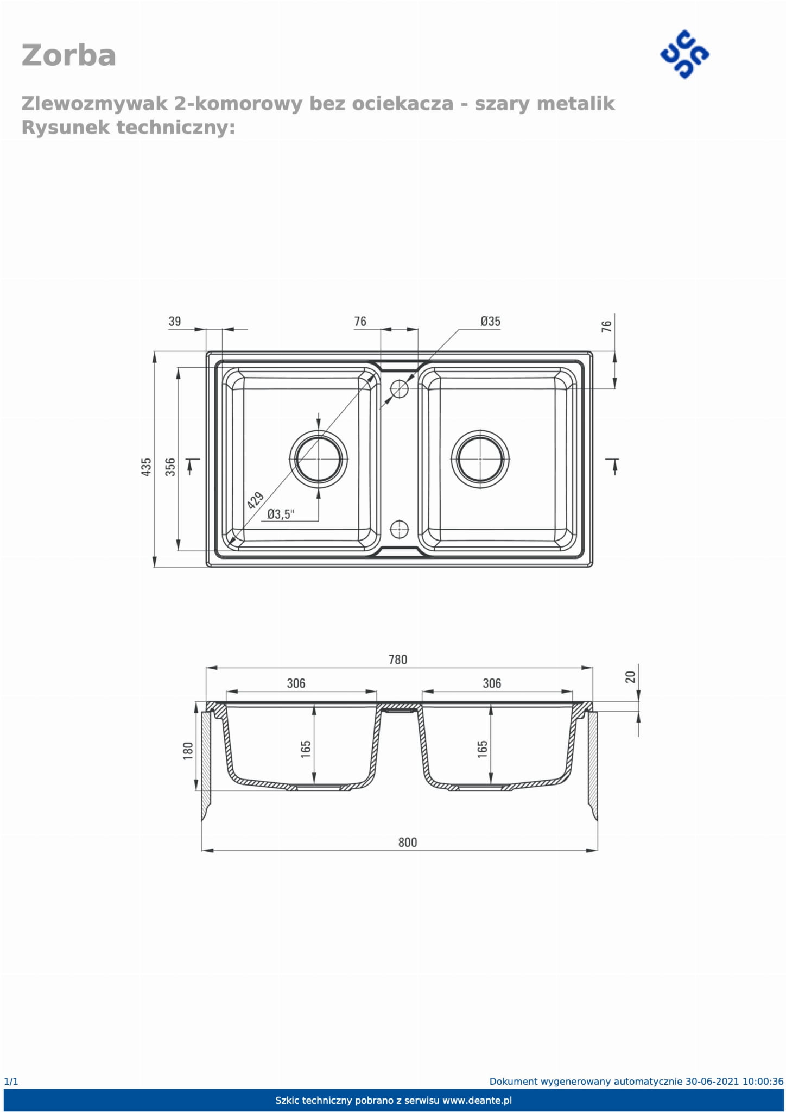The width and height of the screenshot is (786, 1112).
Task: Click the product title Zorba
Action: pos(68,55)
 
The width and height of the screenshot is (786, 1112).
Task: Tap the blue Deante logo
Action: pos(684,54)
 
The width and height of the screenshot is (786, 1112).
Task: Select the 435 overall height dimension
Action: pos(146,467)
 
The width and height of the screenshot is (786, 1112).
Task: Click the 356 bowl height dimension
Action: pos(170,467)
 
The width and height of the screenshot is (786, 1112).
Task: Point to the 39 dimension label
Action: pos(175,321)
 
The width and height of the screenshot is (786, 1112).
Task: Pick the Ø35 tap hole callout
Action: pos(490,321)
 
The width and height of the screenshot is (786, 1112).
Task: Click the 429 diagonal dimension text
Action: pos(255,500)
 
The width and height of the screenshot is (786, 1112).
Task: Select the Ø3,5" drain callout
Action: pos(281,514)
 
